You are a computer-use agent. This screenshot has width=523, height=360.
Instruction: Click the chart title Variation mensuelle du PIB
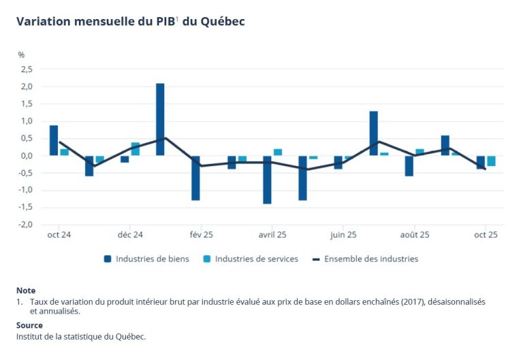point(130,21)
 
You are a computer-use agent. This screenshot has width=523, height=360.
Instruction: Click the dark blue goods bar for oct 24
point(54,140)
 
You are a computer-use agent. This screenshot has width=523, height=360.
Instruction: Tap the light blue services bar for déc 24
point(136,149)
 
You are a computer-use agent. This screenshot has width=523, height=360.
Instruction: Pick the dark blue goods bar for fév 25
point(195,178)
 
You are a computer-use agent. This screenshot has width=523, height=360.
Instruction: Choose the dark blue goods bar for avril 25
point(267,180)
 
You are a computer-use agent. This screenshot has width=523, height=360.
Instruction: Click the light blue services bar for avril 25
point(278,152)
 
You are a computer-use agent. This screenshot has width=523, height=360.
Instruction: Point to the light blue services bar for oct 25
point(491,161)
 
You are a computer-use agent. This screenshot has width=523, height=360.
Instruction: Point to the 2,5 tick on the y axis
point(27,69)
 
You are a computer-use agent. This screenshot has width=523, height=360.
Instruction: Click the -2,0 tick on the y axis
point(25,225)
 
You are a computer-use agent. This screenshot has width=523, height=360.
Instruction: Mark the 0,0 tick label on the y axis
point(27,156)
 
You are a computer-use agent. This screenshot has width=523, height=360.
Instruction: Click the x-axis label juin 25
point(343,235)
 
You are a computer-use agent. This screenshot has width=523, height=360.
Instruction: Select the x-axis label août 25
point(414,235)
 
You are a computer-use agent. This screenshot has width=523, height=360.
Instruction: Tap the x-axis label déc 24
point(130,235)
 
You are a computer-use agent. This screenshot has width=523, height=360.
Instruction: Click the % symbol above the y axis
point(21,54)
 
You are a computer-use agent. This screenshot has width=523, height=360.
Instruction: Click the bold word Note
point(26,291)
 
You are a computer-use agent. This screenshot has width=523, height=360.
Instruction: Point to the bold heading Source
point(29,325)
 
